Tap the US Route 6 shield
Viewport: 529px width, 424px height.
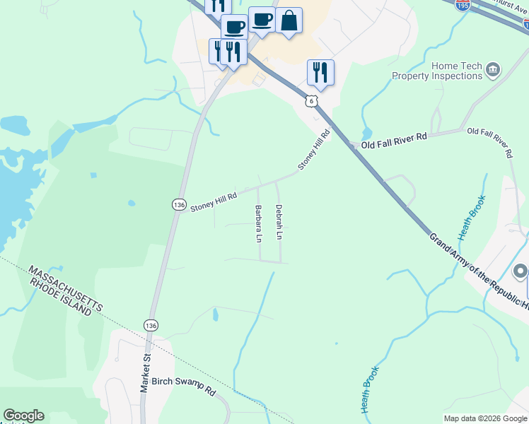tap(311, 102)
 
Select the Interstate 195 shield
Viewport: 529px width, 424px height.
tap(463, 5)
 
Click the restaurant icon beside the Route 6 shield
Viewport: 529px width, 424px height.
tap(320, 72)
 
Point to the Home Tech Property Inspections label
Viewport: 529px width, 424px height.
tap(436, 71)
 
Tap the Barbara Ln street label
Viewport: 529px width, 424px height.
tap(257, 223)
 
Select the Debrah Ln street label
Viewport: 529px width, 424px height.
tap(279, 223)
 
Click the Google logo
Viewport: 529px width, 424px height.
tap(23, 416)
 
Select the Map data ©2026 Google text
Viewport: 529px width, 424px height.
tap(485, 418)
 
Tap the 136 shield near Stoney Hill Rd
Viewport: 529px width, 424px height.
tap(179, 204)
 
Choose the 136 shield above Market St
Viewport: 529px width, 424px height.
tap(150, 325)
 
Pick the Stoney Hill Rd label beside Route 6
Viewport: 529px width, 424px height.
tap(314, 150)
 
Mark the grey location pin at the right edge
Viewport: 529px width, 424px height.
tap(521, 272)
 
